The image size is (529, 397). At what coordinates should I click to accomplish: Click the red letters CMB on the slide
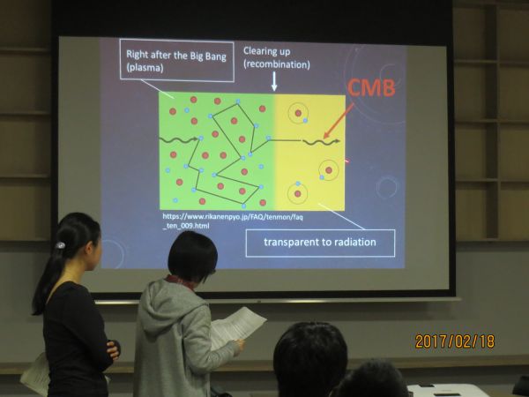point(371,87)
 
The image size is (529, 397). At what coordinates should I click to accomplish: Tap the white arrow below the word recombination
point(274,81)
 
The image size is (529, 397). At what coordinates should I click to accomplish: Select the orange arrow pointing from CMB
point(339,121)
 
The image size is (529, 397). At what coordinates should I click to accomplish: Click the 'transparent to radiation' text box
point(320,243)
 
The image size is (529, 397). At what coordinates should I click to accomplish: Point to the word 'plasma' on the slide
point(145,68)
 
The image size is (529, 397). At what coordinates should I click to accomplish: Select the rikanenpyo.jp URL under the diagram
point(233,221)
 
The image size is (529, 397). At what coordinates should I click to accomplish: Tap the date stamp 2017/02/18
point(455,341)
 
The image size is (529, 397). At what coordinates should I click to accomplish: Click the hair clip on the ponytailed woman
point(60,244)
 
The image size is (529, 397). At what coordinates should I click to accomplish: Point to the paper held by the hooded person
point(238,326)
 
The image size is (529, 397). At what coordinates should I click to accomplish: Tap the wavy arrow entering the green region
point(178,139)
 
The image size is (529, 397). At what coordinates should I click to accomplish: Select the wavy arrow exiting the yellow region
point(322,142)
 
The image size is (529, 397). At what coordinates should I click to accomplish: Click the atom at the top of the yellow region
point(299,114)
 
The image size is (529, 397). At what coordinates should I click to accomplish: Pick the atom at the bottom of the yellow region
point(298,193)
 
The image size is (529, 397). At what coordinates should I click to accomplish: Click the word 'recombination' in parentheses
point(277,64)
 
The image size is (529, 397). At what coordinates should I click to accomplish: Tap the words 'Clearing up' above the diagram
point(266,51)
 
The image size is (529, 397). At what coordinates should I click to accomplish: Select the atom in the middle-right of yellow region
point(328,169)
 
